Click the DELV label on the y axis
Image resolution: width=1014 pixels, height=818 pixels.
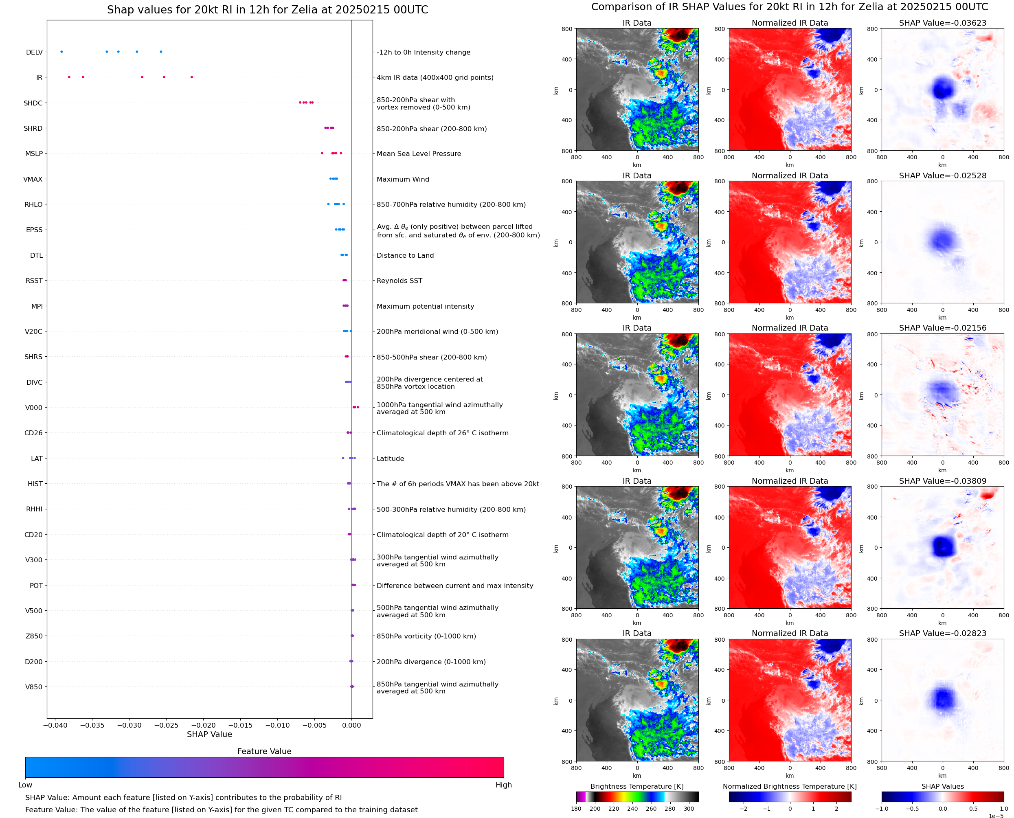[34, 52]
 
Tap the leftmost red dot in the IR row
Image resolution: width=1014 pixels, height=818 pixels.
[69, 77]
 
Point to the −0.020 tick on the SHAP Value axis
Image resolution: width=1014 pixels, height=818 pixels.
[203, 725]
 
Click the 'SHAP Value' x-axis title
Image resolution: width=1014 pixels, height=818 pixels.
[209, 734]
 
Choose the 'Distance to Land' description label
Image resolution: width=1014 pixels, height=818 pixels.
[405, 255]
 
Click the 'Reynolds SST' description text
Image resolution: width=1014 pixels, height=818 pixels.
[399, 281]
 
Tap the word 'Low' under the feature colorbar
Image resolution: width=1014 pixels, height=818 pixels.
[25, 785]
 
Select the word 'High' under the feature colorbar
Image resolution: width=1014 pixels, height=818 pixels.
[503, 785]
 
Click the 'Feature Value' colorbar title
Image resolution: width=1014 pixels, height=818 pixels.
[264, 752]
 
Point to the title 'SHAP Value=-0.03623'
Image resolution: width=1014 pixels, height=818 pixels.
[942, 23]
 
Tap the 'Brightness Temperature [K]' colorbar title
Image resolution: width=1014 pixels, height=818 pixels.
[636, 786]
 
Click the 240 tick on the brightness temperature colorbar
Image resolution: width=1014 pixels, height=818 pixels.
[632, 809]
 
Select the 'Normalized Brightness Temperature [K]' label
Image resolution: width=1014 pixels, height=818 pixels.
[789, 786]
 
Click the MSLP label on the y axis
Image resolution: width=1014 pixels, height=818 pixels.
[34, 154]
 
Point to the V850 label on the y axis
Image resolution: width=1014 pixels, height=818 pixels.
[33, 687]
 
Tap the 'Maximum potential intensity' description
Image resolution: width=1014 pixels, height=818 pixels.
[425, 306]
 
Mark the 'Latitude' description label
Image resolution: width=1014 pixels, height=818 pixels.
[390, 458]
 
